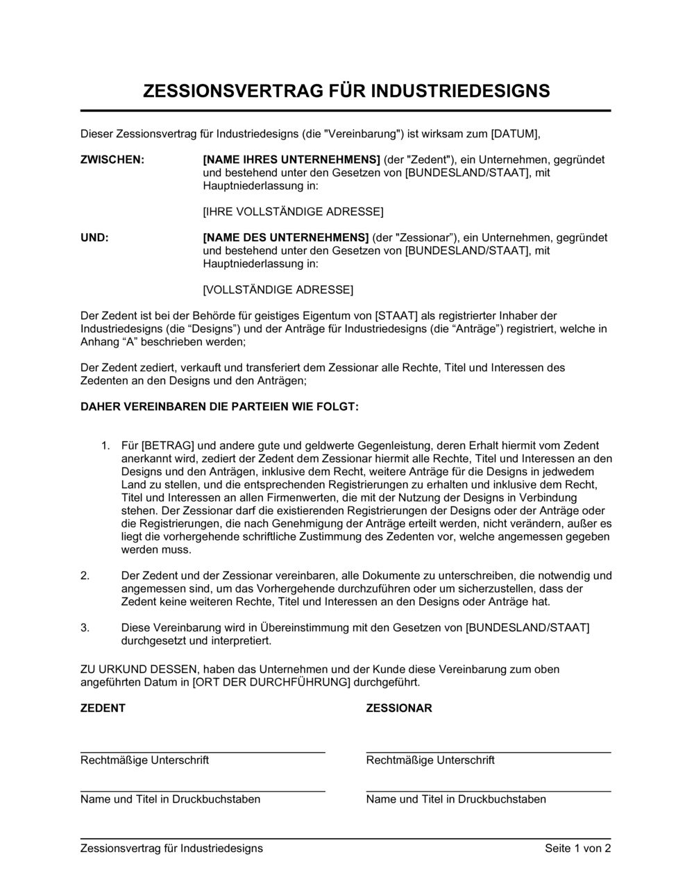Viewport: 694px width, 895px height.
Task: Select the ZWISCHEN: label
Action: pos(112,160)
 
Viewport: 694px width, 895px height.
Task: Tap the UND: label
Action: pos(95,237)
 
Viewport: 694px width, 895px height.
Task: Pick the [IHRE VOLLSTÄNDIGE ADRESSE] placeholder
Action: pos(293,211)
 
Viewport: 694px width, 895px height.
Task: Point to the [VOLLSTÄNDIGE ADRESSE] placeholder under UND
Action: pos(278,289)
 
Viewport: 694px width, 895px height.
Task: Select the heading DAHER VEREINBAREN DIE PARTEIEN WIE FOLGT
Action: pos(220,407)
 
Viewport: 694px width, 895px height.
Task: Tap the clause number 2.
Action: pos(85,575)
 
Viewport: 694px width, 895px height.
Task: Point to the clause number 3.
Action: pos(85,628)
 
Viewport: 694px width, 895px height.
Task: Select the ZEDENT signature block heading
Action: pos(103,708)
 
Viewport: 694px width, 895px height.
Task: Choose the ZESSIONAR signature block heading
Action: pos(399,708)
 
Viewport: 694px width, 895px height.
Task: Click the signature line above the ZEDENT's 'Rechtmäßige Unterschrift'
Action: pos(203,751)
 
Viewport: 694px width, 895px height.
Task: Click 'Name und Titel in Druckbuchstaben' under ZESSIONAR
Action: pos(456,799)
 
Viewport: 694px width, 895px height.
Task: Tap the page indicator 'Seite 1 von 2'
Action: pos(578,848)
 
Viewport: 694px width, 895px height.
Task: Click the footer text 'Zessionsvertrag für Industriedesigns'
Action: pos(171,848)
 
